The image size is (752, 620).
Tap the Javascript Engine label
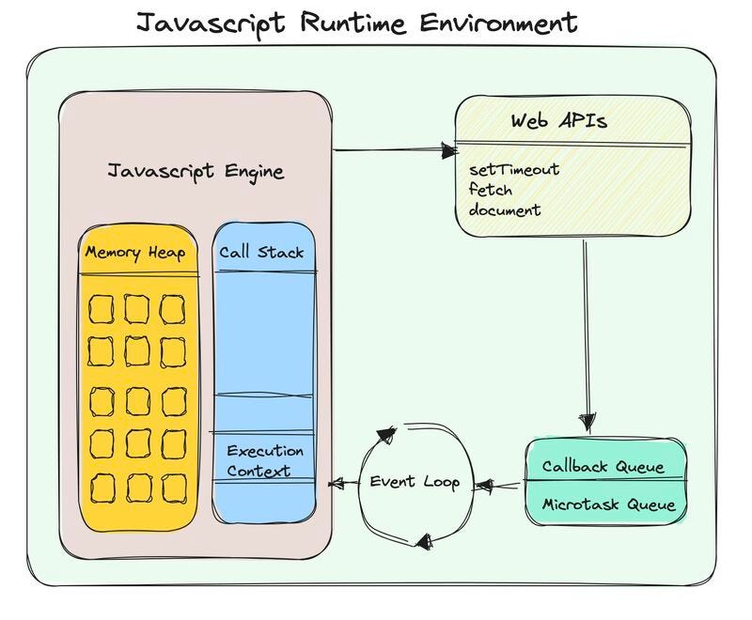pyautogui.click(x=196, y=172)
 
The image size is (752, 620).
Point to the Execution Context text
pyautogui.click(x=264, y=461)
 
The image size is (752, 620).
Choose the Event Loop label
pyautogui.click(x=414, y=482)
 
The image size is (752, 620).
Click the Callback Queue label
pyautogui.click(x=603, y=467)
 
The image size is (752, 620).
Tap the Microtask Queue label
pyautogui.click(x=607, y=504)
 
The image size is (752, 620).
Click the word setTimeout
pyautogui.click(x=514, y=170)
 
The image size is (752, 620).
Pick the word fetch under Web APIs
pyautogui.click(x=491, y=190)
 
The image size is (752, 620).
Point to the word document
pyautogui.click(x=505, y=209)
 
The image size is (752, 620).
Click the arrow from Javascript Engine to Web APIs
pyautogui.click(x=394, y=149)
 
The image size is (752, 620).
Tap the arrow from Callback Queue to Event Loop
pyautogui.click(x=498, y=486)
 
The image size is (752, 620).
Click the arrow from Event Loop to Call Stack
pyautogui.click(x=344, y=484)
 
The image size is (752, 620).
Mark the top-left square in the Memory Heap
pyautogui.click(x=102, y=308)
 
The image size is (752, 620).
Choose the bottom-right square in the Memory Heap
pyautogui.click(x=173, y=488)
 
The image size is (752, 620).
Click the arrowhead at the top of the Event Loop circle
pyautogui.click(x=385, y=435)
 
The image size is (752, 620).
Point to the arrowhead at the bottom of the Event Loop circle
pyautogui.click(x=422, y=541)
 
